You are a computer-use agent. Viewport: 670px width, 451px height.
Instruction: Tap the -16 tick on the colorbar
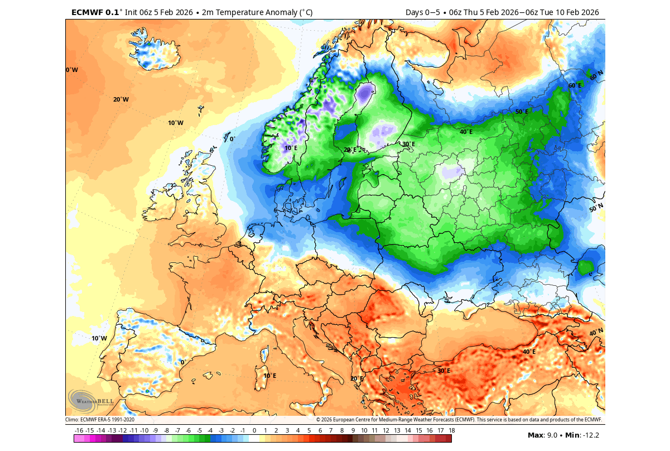pyautogui.click(x=79, y=430)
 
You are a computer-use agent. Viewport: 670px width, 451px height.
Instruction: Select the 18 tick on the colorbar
pyautogui.click(x=451, y=430)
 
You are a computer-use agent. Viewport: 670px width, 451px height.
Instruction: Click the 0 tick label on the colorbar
pyautogui.click(x=254, y=430)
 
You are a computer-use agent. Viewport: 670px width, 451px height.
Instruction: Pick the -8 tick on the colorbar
pyautogui.click(x=166, y=430)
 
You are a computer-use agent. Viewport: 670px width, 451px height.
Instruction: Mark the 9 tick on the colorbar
pyautogui.click(x=353, y=430)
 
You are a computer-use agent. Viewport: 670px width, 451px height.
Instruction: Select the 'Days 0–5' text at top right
pyautogui.click(x=423, y=12)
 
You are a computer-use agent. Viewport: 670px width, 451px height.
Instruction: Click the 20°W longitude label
pyautogui.click(x=120, y=99)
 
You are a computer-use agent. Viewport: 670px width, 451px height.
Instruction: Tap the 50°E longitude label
pyautogui.click(x=522, y=112)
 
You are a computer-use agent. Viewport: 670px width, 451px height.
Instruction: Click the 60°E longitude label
pyautogui.click(x=575, y=86)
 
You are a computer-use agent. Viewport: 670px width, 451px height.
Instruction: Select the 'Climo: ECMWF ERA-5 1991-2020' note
pyautogui.click(x=100, y=420)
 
